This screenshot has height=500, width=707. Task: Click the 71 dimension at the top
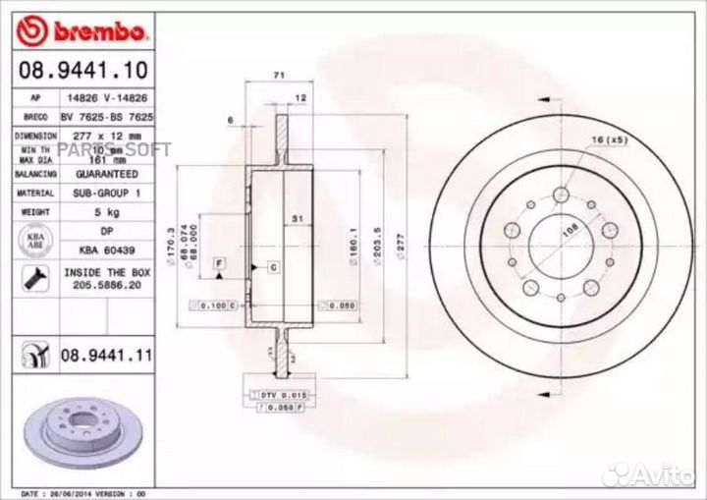pyautogui.click(x=278, y=76)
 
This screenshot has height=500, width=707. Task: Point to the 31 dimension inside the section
pyautogui.click(x=295, y=216)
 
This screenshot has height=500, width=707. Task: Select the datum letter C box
pyautogui.click(x=273, y=267)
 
